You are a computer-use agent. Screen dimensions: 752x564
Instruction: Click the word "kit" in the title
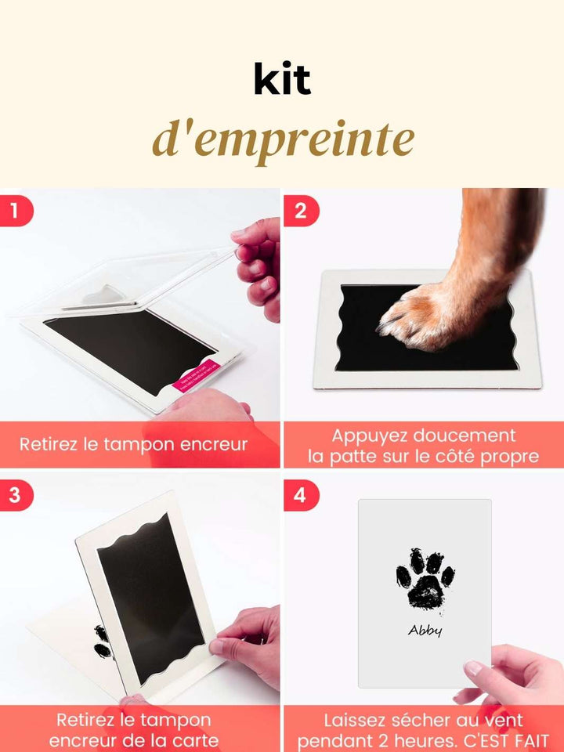[282, 80]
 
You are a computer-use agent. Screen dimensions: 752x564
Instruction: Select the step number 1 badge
[14, 211]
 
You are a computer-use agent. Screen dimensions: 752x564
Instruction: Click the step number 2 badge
[298, 211]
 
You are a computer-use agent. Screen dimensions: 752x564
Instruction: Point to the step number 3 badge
[14, 495]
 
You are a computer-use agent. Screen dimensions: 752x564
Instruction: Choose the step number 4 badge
[298, 495]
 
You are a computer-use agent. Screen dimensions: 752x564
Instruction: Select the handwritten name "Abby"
[425, 630]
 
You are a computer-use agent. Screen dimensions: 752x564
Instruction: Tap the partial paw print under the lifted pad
[101, 642]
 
